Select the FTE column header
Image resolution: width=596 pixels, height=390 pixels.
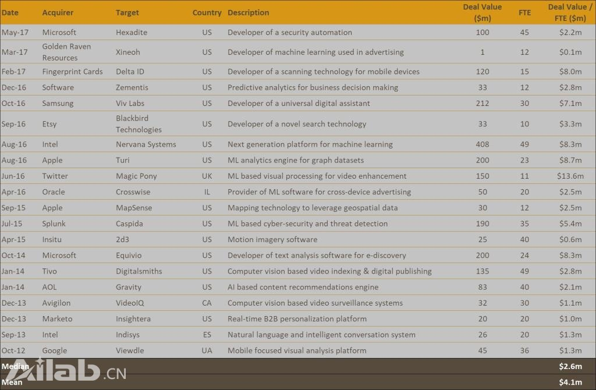(524, 12)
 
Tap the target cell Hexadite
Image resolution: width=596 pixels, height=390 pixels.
(132, 33)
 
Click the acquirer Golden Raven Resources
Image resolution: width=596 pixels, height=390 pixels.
(66, 52)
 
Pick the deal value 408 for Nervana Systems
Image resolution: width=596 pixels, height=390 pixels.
(483, 144)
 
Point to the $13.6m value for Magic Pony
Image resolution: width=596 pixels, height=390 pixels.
(569, 176)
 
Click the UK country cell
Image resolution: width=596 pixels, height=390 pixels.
(207, 176)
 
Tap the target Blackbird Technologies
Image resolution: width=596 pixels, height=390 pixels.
(139, 124)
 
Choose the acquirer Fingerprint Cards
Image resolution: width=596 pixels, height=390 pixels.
(72, 72)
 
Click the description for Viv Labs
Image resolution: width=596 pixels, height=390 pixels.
(299, 104)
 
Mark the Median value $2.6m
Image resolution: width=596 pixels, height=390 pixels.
(570, 366)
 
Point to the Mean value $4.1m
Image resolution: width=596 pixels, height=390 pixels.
(570, 382)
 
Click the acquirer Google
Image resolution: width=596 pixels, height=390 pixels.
(55, 350)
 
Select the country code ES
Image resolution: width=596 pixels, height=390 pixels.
(207, 335)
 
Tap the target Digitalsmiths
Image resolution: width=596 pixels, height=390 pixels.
(139, 271)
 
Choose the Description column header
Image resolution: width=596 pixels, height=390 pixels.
(248, 12)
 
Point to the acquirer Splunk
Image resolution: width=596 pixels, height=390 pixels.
(54, 224)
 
